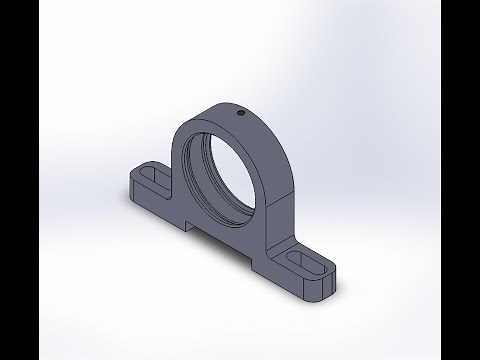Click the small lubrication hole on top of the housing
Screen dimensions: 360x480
(241, 113)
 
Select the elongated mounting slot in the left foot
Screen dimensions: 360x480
(148, 177)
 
